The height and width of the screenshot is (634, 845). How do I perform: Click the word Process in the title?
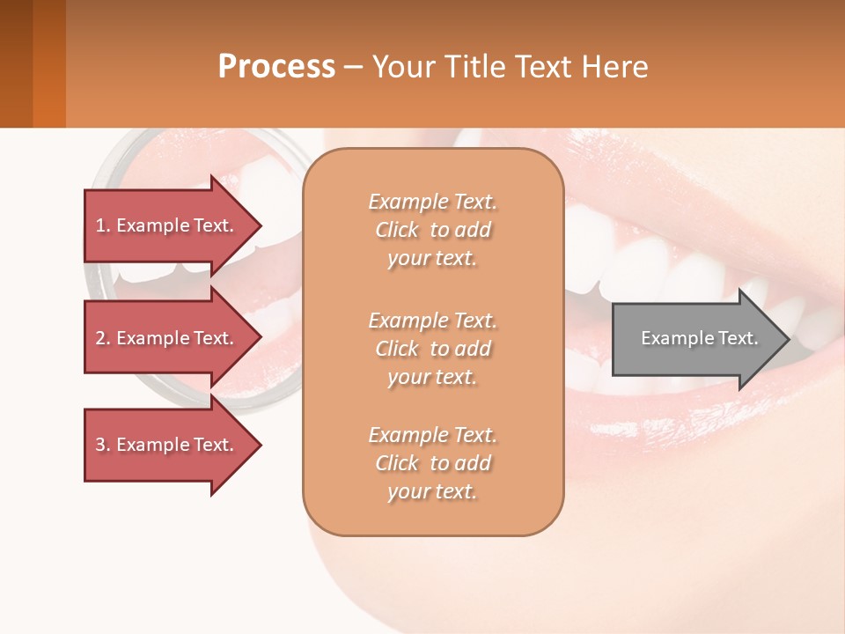coord(276,67)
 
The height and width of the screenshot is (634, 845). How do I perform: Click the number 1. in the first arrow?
coord(103,225)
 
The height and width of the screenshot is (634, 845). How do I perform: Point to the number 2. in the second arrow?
coord(103,338)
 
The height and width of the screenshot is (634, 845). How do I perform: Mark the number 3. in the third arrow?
coord(103,445)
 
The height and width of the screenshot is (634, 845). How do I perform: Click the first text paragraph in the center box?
coord(432,230)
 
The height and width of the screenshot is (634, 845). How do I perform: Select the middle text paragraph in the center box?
coord(432,349)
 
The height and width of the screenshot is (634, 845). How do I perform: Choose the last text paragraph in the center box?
coord(432,463)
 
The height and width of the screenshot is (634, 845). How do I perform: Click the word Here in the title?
coord(616,67)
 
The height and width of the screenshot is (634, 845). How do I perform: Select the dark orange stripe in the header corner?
coord(49,63)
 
